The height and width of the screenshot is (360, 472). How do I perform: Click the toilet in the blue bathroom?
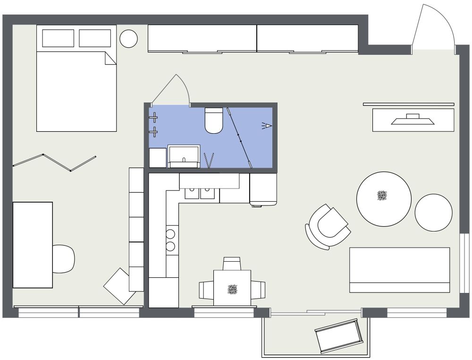click(x=214, y=120)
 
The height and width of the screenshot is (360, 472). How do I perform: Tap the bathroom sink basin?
click(x=184, y=154)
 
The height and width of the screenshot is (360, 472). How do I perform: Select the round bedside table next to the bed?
click(x=128, y=39)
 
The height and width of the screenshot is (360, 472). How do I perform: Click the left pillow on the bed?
click(x=58, y=38)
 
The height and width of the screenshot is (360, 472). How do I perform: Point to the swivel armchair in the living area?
click(x=329, y=226)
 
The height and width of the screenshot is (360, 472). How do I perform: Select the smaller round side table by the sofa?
click(x=434, y=213)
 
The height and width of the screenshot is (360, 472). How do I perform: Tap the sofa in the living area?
click(x=399, y=270)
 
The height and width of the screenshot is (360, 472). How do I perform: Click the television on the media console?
click(x=413, y=120)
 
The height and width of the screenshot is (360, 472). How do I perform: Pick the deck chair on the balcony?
click(x=337, y=336)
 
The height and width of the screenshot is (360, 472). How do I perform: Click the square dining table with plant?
click(x=232, y=288)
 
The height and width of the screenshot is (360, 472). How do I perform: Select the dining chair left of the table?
click(x=206, y=289)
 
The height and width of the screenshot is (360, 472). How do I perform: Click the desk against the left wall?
click(x=32, y=245)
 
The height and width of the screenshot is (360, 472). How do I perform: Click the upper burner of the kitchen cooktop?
click(x=170, y=233)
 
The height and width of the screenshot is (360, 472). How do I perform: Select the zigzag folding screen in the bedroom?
click(x=54, y=162)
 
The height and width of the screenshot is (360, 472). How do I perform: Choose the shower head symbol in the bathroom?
click(x=268, y=126)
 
